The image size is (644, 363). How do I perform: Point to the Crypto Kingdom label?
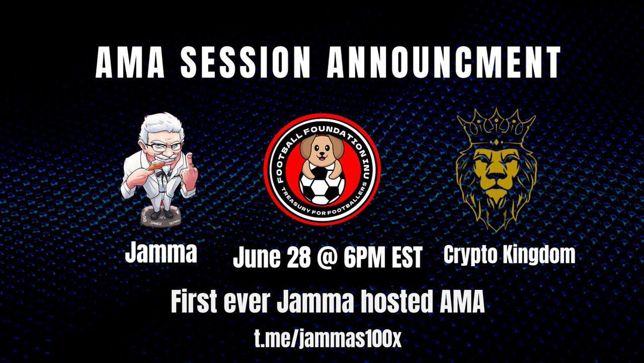[509, 255]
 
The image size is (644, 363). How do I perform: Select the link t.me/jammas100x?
[327, 340]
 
